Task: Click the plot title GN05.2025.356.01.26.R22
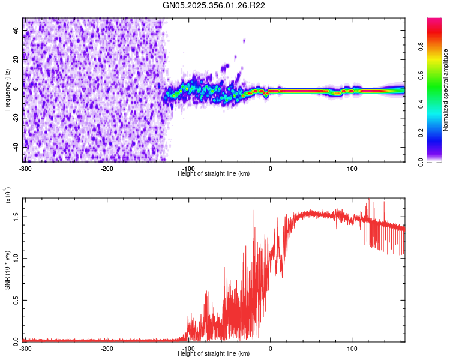click(214, 5)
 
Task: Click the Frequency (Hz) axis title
click(7, 90)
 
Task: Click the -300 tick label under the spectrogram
click(25, 167)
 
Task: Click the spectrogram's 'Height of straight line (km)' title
click(214, 173)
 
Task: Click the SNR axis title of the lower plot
click(7, 270)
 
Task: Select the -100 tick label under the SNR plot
click(188, 349)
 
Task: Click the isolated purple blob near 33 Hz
click(244, 41)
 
